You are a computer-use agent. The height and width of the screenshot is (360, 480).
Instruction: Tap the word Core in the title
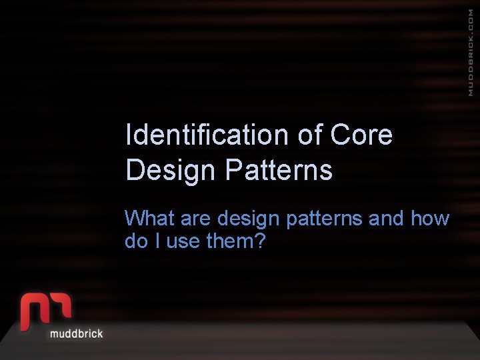point(361,135)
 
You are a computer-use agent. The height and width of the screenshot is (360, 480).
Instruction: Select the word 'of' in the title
point(310,135)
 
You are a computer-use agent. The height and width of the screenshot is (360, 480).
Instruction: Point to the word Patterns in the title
point(279,171)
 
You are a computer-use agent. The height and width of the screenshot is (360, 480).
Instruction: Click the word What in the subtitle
point(149,219)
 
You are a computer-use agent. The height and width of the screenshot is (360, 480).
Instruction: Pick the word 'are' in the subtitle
point(197,219)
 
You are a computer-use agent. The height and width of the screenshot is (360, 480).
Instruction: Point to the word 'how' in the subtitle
point(430,219)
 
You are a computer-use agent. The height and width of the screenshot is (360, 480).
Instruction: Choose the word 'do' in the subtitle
point(135,241)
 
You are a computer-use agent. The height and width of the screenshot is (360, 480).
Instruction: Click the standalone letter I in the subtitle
point(157,241)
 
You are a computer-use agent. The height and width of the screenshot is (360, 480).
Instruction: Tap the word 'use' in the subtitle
point(183,241)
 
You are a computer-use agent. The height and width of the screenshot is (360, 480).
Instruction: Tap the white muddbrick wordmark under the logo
point(77,333)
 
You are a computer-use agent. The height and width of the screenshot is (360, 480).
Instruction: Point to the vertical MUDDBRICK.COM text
point(471,53)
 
